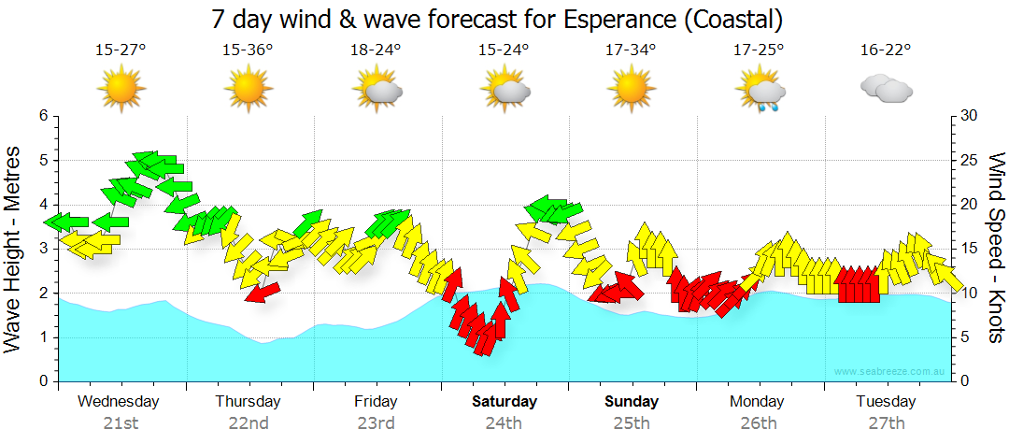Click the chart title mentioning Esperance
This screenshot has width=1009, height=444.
(496, 19)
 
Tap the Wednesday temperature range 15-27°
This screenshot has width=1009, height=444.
(121, 51)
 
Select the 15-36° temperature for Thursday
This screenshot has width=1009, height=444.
(248, 51)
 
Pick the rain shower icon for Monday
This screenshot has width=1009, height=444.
(762, 92)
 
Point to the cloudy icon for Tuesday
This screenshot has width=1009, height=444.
(885, 89)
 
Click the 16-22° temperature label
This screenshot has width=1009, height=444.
(885, 51)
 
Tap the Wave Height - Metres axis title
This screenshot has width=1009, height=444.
(14, 249)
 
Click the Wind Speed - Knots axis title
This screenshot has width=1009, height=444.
(995, 249)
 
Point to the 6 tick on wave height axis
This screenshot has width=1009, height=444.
(43, 116)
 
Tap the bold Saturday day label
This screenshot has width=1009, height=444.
(504, 402)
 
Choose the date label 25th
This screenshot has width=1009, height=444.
(631, 423)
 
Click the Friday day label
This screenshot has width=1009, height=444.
(376, 402)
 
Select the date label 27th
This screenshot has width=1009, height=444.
(886, 423)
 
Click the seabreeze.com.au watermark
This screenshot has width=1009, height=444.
(891, 372)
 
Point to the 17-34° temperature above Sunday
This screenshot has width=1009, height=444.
(631, 51)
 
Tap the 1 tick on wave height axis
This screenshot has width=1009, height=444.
(43, 337)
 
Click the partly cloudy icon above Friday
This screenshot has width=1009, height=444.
(377, 90)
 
